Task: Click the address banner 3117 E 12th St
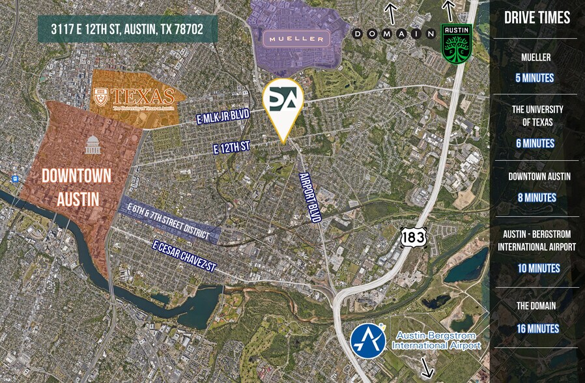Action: (127, 30)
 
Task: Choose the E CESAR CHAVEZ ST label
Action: (184, 257)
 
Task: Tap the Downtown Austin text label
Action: (76, 186)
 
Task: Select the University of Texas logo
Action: (134, 98)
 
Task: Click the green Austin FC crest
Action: (456, 43)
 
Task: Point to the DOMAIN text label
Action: (393, 33)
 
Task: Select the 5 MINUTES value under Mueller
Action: (535, 78)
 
